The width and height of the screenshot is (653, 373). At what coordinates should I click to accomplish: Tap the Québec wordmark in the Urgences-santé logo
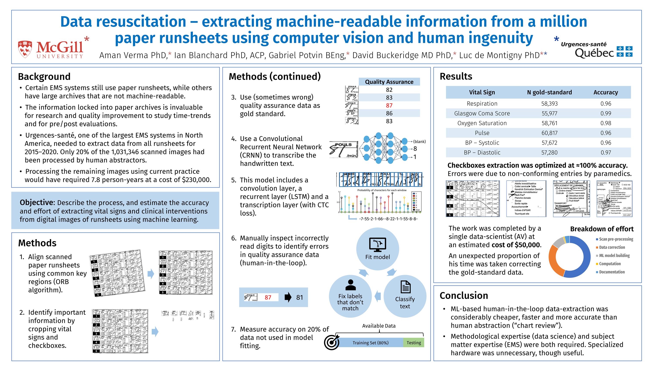point(594,53)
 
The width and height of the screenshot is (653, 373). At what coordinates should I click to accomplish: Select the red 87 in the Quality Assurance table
point(389,105)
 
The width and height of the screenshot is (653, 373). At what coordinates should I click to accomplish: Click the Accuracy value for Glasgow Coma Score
point(605,113)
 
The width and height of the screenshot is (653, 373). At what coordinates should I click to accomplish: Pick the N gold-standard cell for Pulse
point(549,133)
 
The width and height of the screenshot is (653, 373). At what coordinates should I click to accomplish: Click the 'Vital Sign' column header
point(482,92)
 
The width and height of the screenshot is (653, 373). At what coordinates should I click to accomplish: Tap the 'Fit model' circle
point(377,249)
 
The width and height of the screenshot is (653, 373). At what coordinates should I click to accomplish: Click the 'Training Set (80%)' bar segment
point(370,343)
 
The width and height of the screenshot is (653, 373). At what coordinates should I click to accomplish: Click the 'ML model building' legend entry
point(614,255)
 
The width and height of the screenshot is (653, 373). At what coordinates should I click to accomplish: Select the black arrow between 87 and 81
point(288,297)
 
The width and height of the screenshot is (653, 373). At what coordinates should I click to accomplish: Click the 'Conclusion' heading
point(463,295)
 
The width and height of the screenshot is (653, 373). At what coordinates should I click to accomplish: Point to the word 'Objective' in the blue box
point(37,202)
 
